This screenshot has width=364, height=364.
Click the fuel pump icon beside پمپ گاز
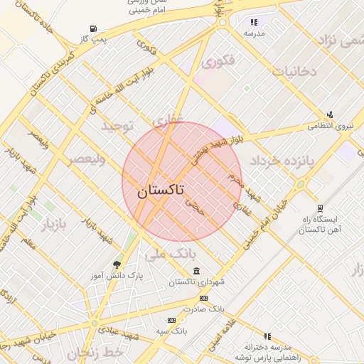click(94, 29)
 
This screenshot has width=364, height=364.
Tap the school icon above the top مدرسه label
click(255, 22)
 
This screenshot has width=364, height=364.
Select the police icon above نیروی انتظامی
click(329, 114)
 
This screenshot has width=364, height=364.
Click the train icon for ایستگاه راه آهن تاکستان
click(321, 209)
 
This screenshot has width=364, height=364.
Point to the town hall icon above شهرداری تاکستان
click(196, 272)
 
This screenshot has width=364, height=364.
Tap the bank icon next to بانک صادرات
click(204, 299)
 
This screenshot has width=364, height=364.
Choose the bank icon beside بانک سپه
click(171, 321)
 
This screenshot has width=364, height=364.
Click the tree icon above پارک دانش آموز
click(117, 264)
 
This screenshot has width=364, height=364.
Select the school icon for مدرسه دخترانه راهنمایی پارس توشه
click(267, 336)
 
